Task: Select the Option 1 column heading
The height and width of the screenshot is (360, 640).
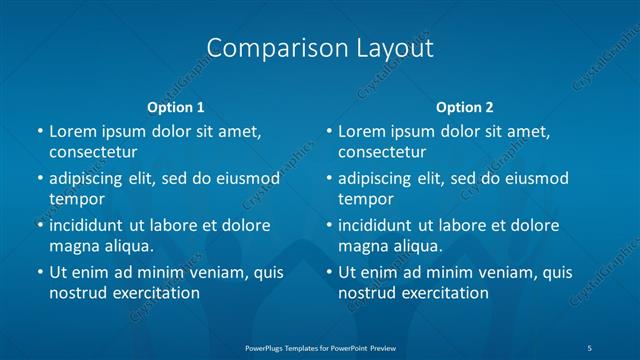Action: tap(176, 107)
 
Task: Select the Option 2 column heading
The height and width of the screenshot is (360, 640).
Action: tap(465, 107)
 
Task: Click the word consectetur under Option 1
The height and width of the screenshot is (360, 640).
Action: tap(93, 152)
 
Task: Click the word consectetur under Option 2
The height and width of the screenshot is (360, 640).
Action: tap(382, 152)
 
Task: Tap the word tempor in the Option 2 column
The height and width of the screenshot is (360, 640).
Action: tap(366, 199)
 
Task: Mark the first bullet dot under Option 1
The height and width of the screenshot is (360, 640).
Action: tap(39, 131)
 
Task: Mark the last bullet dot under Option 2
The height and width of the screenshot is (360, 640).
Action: tap(328, 272)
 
